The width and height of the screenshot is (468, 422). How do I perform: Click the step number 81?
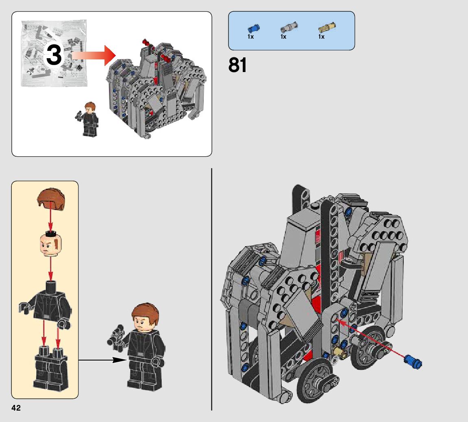point(238,65)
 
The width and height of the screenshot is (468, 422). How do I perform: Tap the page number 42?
point(16,408)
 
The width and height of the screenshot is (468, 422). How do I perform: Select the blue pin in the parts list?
point(253,28)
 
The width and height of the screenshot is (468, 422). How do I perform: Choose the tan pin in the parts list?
point(327,28)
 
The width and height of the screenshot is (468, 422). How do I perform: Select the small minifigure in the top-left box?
point(89,119)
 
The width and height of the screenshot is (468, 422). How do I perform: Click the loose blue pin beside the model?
point(413,361)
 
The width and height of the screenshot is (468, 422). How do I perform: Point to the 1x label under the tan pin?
point(321,37)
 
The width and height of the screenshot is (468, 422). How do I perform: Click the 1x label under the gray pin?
point(283,37)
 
